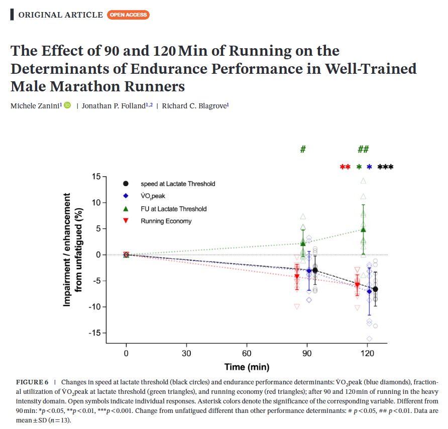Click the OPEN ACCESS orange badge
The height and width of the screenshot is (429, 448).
pos(128,15)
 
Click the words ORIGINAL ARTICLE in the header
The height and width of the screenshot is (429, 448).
pos(60,15)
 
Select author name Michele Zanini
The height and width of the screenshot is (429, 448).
pos(35,105)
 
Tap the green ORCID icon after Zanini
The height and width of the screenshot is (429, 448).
pos(67,105)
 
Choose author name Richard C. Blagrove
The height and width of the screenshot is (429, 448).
pos(194,105)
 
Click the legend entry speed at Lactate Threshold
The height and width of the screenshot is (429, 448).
pos(178,184)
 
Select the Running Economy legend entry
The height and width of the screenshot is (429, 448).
pos(166,221)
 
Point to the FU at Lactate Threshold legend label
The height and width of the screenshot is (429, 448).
pos(173,209)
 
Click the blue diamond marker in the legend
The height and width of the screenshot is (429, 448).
pos(126,196)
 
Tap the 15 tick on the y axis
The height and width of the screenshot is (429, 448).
pos(96,177)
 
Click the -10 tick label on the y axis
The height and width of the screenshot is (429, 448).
pos(94,307)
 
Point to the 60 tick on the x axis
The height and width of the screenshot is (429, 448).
pos(247,353)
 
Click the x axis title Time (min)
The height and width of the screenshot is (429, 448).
pos(247,366)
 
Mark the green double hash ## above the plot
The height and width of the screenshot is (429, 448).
pos(363,150)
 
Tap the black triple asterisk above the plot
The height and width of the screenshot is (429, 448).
pos(385,167)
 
